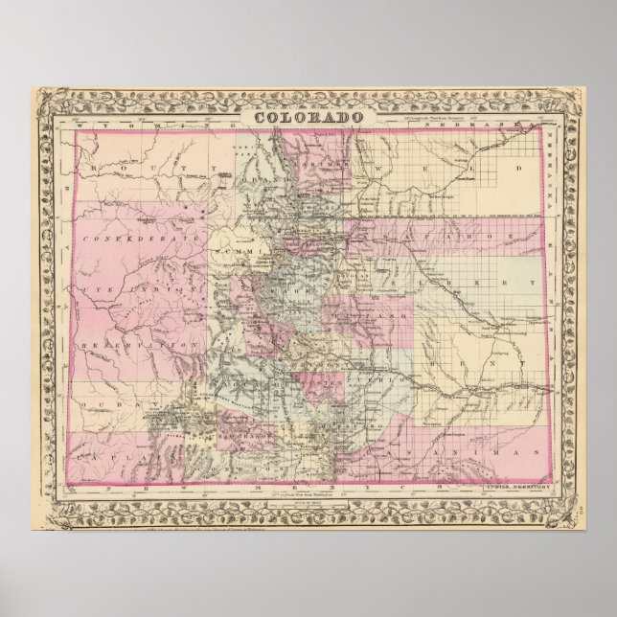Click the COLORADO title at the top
308,118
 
